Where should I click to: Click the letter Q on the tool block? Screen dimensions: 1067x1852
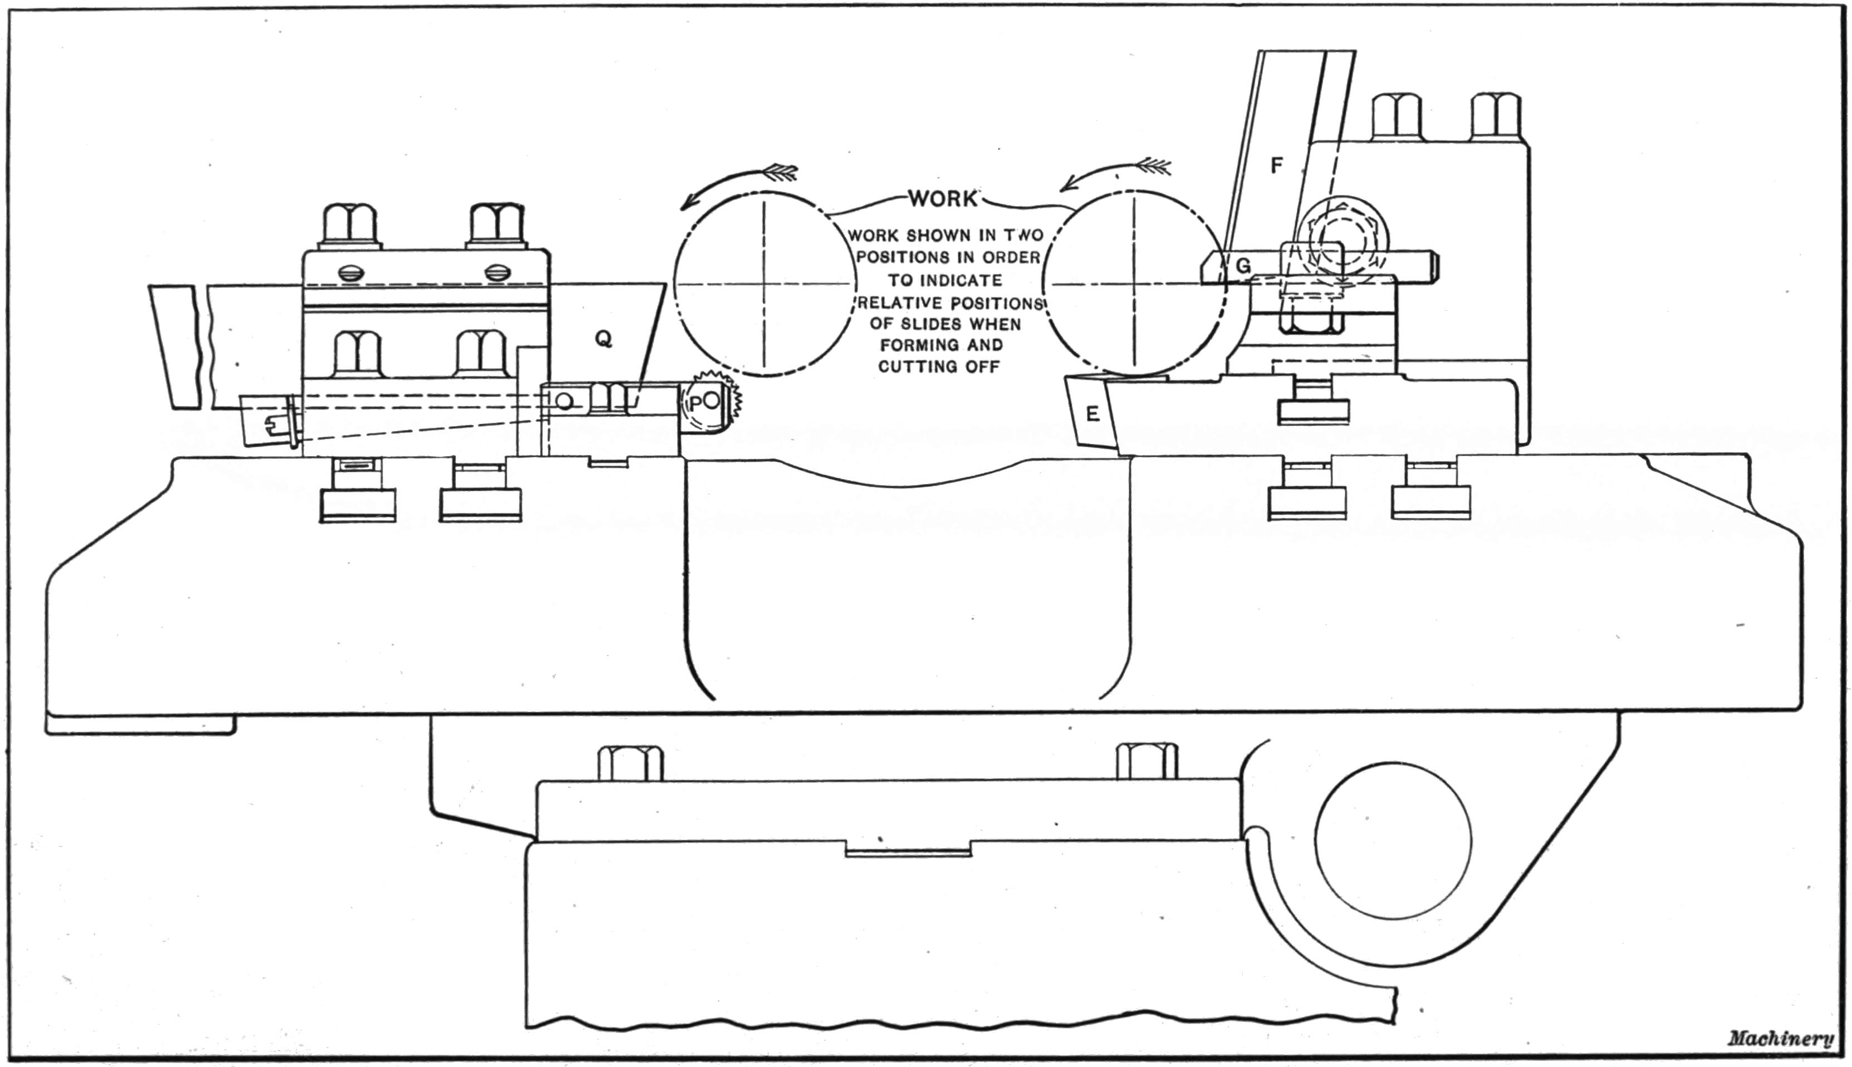coord(604,339)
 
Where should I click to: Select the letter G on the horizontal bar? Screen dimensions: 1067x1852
coord(1243,267)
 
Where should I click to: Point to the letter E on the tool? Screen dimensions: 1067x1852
coord(1092,415)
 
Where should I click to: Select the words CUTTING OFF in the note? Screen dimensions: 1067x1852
coord(938,366)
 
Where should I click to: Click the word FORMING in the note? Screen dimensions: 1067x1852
coord(940,344)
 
